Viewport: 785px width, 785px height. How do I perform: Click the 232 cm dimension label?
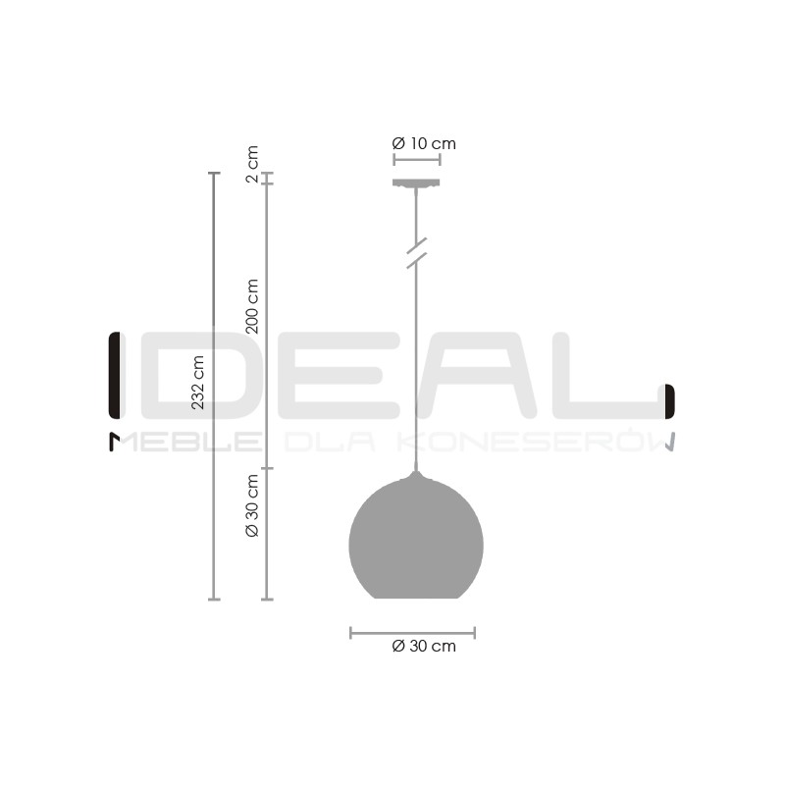click(x=198, y=382)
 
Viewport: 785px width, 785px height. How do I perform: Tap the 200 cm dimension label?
click(x=252, y=306)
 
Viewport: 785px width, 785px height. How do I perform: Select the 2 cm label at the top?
click(x=252, y=164)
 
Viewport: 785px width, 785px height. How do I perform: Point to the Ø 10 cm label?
click(x=424, y=144)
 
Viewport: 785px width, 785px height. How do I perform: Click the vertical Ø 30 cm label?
click(x=252, y=505)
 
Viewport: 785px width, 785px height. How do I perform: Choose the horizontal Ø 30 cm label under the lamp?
click(x=424, y=646)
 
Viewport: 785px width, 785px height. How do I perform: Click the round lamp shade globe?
click(x=416, y=540)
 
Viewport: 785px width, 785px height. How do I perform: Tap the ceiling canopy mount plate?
click(x=416, y=183)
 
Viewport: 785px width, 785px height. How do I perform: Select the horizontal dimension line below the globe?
click(x=412, y=633)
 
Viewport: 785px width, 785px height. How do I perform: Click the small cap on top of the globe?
click(x=416, y=475)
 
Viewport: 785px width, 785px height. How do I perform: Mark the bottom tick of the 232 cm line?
click(x=214, y=599)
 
